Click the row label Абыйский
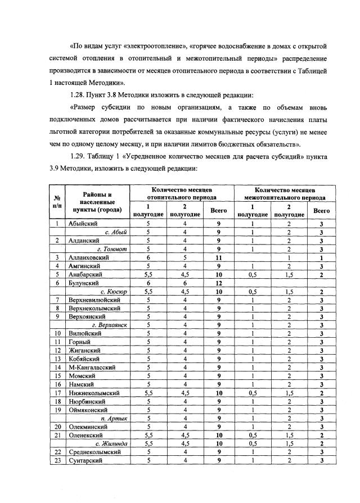coord(84,224)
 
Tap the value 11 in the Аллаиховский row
coord(218,257)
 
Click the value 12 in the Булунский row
coord(218,283)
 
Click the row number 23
coord(57,461)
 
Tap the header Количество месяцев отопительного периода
coord(182,194)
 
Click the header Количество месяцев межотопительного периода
coord(284,194)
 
